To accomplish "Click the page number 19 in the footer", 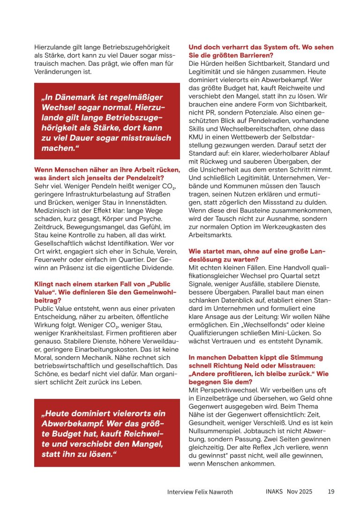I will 331,492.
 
